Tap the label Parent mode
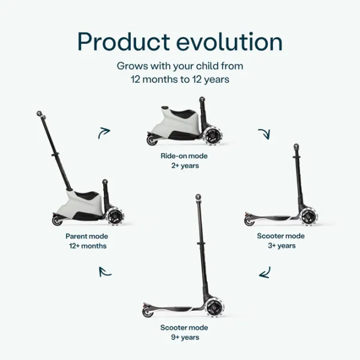87,236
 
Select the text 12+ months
87,246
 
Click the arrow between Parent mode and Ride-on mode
104,133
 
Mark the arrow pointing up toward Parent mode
105,271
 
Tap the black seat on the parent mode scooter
88,197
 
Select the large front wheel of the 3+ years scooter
308,217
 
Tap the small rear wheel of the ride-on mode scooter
152,140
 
